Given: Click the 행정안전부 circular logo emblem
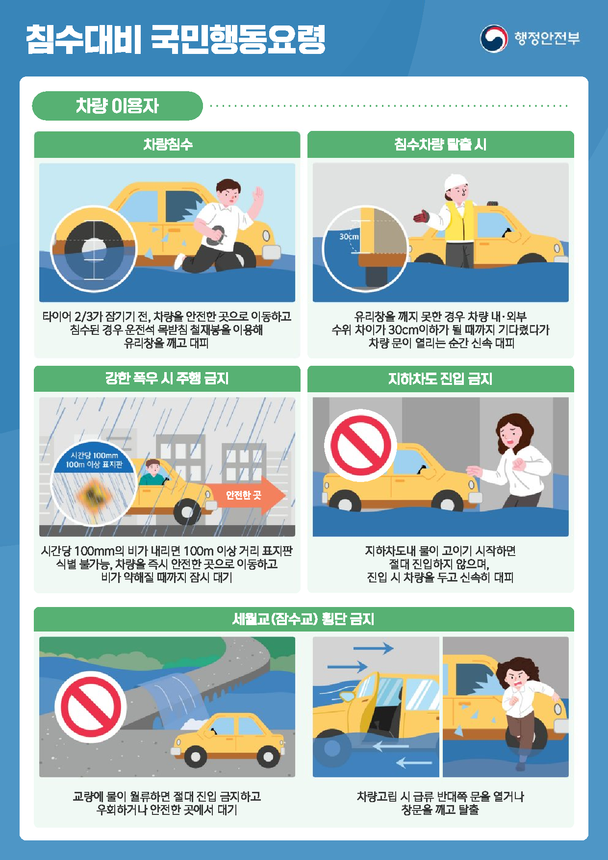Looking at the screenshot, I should (493, 39).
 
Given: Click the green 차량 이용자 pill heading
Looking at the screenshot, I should (117, 106).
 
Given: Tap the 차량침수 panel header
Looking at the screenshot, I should (167, 145).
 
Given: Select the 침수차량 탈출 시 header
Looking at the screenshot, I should (440, 145).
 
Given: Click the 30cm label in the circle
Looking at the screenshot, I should (349, 237).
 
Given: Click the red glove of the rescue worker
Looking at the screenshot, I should (421, 216).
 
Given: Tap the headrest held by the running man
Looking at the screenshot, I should (216, 235).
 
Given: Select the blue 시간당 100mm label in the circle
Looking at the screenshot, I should (94, 460).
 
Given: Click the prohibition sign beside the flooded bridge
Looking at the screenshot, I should (90, 707).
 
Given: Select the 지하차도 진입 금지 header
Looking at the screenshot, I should (440, 379).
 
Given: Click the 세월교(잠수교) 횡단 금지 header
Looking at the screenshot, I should (304, 619).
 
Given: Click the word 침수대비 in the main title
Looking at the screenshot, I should (83, 39).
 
